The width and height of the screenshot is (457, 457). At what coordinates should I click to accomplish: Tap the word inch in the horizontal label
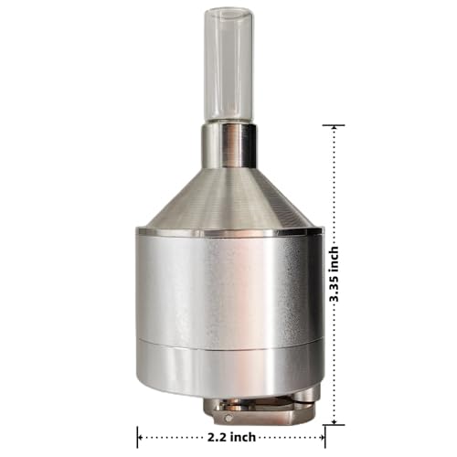coord(245,438)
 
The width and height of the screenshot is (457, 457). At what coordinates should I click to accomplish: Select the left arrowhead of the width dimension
coord(143,438)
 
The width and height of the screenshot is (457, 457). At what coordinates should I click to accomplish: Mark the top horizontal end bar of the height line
coord(334,124)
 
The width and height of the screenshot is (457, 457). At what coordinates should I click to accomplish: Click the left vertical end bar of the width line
coord(138,438)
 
